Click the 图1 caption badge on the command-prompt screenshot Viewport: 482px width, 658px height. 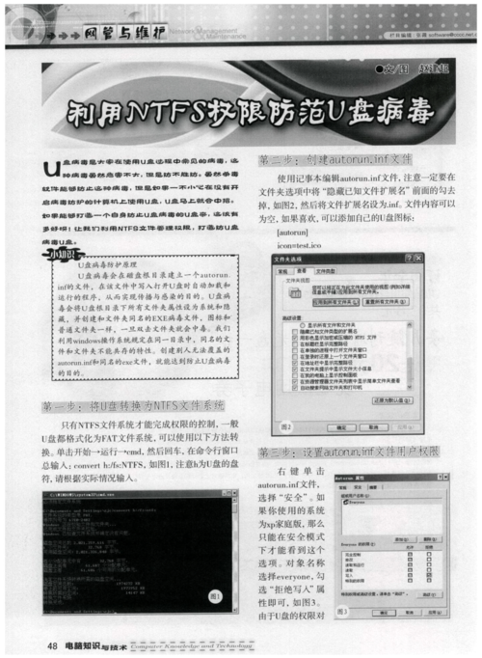click(x=216, y=597)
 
